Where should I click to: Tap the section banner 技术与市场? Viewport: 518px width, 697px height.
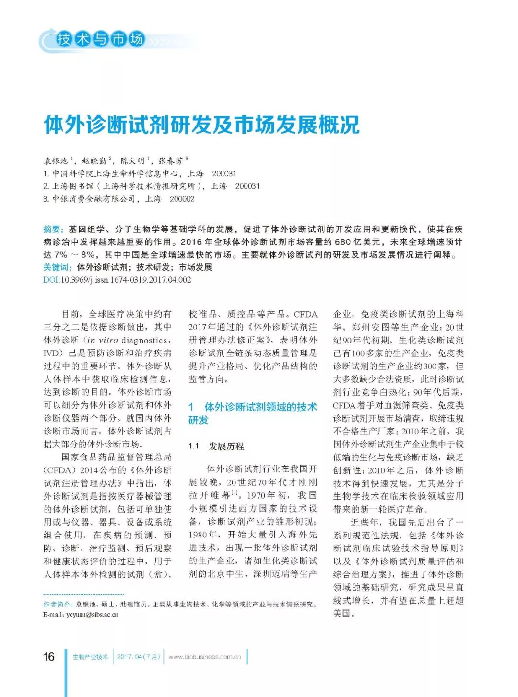click(x=100, y=39)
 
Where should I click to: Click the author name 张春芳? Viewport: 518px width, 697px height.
click(x=171, y=161)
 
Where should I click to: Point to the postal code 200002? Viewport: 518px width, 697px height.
click(x=182, y=199)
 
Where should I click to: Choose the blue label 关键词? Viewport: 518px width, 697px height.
click(x=58, y=267)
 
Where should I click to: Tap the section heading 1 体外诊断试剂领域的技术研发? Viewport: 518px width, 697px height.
click(x=252, y=413)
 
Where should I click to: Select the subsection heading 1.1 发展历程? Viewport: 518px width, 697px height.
click(x=216, y=446)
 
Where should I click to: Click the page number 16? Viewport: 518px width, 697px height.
click(x=49, y=656)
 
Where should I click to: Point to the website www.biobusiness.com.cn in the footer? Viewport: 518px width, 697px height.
click(x=205, y=657)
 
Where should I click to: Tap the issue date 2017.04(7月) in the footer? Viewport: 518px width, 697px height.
click(x=139, y=657)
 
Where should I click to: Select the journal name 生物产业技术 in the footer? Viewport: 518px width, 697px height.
click(x=90, y=657)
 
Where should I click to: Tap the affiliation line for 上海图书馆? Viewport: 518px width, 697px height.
click(x=151, y=186)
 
